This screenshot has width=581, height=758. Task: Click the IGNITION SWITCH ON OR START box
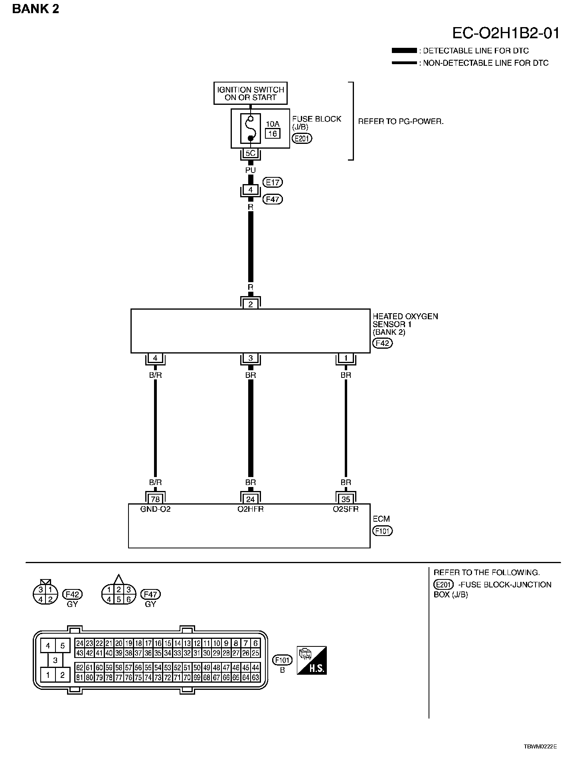click(x=250, y=93)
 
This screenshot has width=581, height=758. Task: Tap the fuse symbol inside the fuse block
click(x=250, y=128)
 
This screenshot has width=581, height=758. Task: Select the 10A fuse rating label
click(x=273, y=124)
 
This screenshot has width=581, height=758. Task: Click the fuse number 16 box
click(x=273, y=134)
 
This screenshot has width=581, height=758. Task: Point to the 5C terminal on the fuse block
click(x=250, y=153)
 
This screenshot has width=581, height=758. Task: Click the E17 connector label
click(x=273, y=182)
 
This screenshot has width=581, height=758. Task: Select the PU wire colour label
click(x=250, y=170)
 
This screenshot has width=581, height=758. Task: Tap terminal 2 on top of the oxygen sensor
click(x=251, y=304)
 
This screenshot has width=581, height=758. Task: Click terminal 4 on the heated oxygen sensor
click(x=155, y=358)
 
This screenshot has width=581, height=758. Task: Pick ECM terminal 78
click(x=155, y=499)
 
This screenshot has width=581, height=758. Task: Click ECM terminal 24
click(x=251, y=499)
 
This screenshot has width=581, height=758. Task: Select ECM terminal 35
click(x=346, y=499)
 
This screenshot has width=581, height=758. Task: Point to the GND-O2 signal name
click(x=155, y=509)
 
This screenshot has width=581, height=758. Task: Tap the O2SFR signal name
click(x=346, y=509)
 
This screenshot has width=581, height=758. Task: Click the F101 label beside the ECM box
click(x=382, y=531)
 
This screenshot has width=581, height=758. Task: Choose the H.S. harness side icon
click(x=312, y=660)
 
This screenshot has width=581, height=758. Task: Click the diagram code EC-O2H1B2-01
click(x=506, y=33)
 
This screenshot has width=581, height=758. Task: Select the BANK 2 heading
click(x=36, y=9)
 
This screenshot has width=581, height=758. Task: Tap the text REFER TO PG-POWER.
click(x=401, y=122)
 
